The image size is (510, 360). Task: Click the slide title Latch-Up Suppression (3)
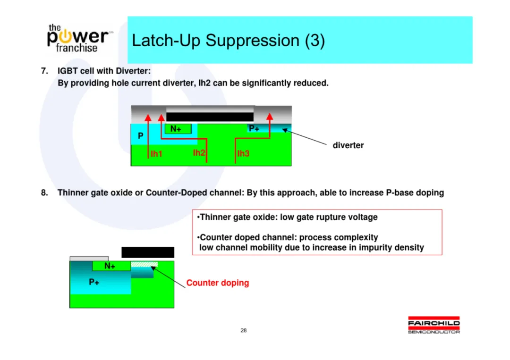tap(229, 41)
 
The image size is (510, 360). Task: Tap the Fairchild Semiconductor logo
tap(434, 325)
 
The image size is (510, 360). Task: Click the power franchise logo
tap(79, 38)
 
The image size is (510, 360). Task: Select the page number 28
tap(244, 330)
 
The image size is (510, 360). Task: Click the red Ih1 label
tap(156, 154)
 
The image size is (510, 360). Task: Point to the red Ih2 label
tap(199, 153)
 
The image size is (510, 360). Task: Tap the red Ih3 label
tap(243, 153)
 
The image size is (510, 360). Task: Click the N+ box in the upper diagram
tap(178, 129)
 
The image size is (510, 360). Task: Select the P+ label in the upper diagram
tap(254, 129)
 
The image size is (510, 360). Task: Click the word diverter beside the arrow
tap(348, 145)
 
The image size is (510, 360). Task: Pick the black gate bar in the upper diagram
tap(210, 117)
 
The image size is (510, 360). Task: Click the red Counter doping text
tap(218, 283)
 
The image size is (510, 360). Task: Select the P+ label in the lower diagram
tap(94, 282)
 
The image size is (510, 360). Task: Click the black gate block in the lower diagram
tap(148, 252)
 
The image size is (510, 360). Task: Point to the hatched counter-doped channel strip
tap(144, 265)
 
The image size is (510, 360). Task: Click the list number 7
tap(44, 71)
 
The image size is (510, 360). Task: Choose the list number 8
tap(44, 193)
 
